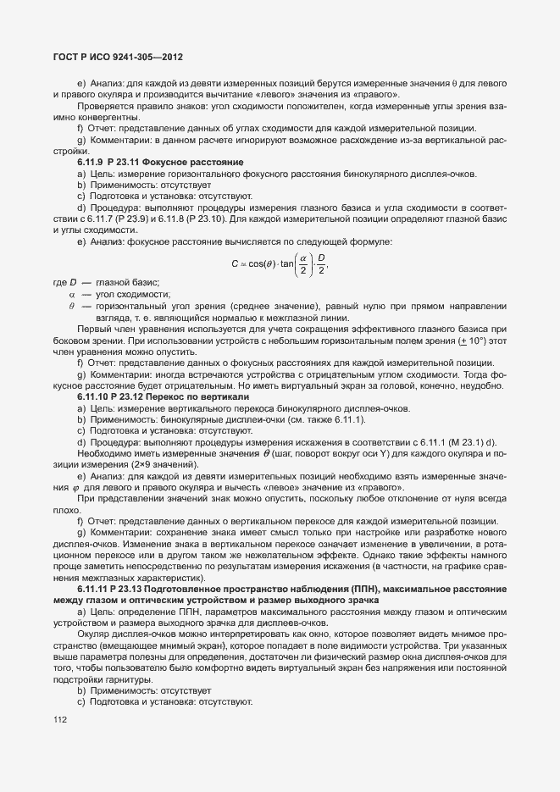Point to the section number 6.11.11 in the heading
(94, 587)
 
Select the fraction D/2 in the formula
(321, 263)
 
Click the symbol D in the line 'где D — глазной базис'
(74, 282)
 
